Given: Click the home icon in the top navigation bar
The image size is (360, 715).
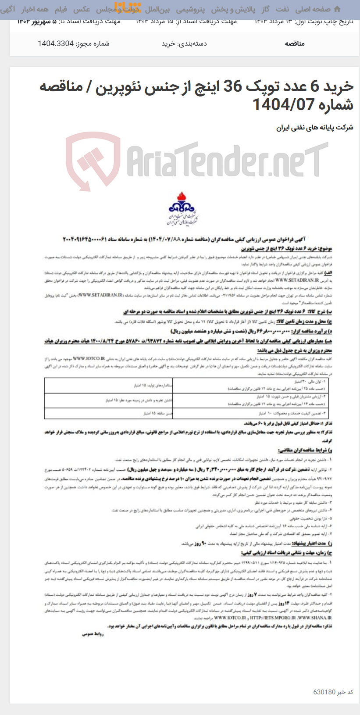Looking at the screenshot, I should pos(337,9).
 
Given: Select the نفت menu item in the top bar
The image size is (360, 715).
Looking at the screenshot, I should pos(282,9).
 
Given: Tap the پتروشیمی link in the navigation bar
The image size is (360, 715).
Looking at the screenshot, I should pos(190,9).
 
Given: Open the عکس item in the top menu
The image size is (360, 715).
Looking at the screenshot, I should pos(81,9).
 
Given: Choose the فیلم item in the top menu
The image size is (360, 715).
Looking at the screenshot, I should pos(61,9).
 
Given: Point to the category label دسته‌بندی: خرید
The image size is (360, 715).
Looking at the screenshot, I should pos(184,43).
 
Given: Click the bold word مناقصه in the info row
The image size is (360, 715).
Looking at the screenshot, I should pos(295,43).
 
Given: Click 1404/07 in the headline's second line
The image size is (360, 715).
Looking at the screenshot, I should pos(283,104).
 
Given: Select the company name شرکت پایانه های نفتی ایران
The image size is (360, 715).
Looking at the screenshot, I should pos(314,128).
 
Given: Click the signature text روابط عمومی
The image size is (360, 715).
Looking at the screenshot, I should pos(93,634).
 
